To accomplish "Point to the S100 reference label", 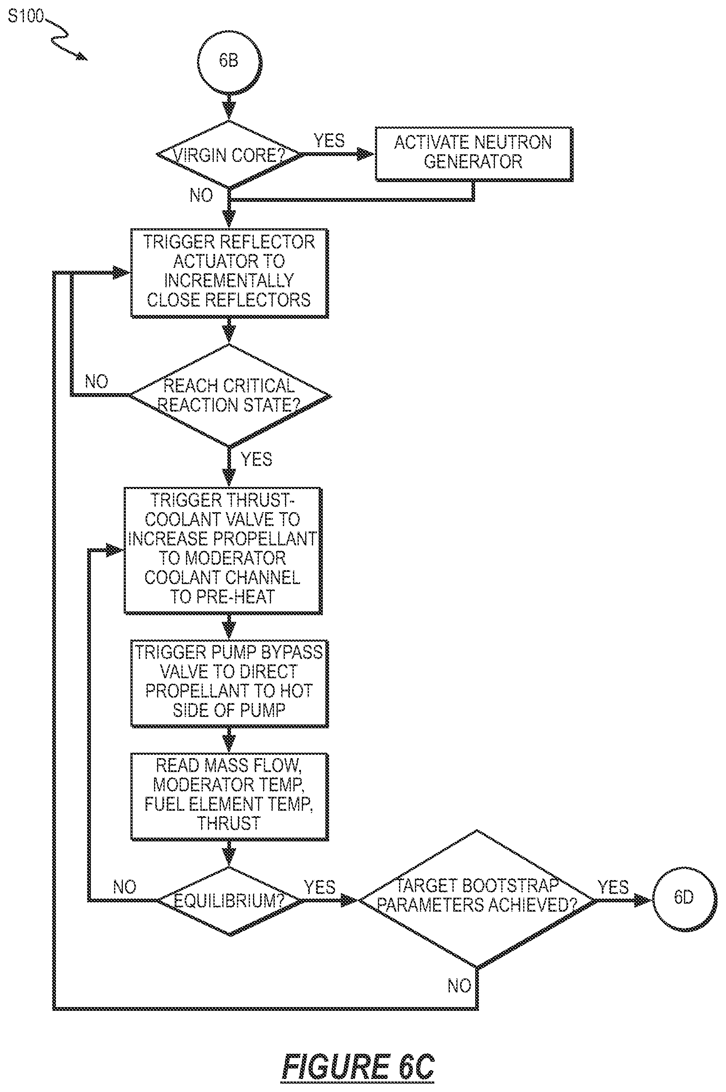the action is (x=26, y=17).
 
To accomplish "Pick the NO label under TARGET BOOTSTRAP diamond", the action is (x=459, y=985).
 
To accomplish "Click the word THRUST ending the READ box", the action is (x=229, y=824).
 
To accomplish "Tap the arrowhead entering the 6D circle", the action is (x=644, y=900).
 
